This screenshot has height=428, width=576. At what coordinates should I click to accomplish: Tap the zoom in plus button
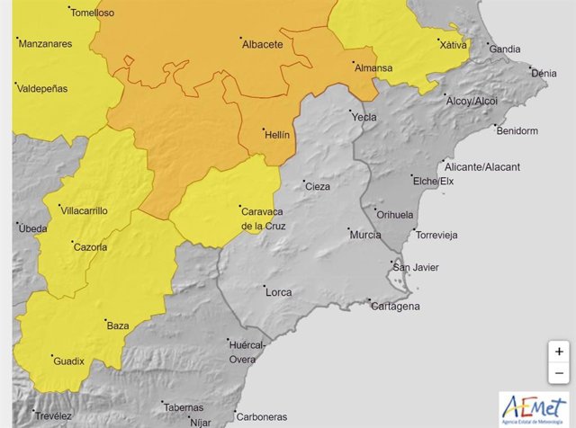click(559, 352)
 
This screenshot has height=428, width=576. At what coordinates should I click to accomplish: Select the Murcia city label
click(364, 236)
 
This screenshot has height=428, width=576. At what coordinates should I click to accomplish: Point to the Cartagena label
click(395, 307)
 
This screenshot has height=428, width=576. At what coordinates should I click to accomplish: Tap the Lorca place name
click(278, 292)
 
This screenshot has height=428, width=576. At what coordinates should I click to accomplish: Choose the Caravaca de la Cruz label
click(264, 218)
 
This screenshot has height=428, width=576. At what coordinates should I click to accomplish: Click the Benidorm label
click(517, 131)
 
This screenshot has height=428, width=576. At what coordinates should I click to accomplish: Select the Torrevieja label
click(436, 236)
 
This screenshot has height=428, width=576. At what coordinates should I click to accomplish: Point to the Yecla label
click(364, 117)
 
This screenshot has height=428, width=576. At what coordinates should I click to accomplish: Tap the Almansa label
click(373, 68)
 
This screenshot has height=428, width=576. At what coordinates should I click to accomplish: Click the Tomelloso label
click(92, 13)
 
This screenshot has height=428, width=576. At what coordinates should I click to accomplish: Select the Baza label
click(118, 325)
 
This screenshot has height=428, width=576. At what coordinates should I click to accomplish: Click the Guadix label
click(68, 361)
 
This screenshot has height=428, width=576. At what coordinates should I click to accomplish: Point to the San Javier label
click(418, 268)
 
